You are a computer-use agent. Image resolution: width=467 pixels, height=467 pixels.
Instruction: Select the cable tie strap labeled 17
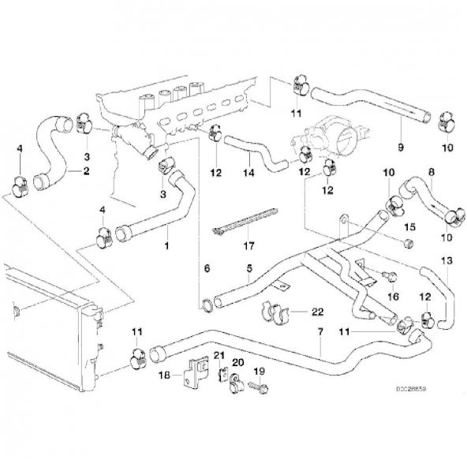click(x=245, y=220)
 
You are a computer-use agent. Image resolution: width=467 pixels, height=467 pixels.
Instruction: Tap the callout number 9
click(x=400, y=148)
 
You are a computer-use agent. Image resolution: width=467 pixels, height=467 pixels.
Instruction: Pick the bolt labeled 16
click(x=388, y=276)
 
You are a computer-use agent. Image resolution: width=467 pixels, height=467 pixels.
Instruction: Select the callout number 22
click(x=318, y=312)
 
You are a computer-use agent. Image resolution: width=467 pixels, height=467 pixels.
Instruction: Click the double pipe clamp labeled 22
click(x=276, y=315)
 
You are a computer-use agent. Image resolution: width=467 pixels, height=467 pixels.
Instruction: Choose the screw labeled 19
click(x=255, y=387)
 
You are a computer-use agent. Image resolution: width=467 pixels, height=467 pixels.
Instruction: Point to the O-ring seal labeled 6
click(x=205, y=301)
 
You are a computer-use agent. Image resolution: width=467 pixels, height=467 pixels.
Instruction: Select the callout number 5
click(x=248, y=269)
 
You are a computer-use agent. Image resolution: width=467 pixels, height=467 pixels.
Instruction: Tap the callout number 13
click(x=446, y=260)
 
